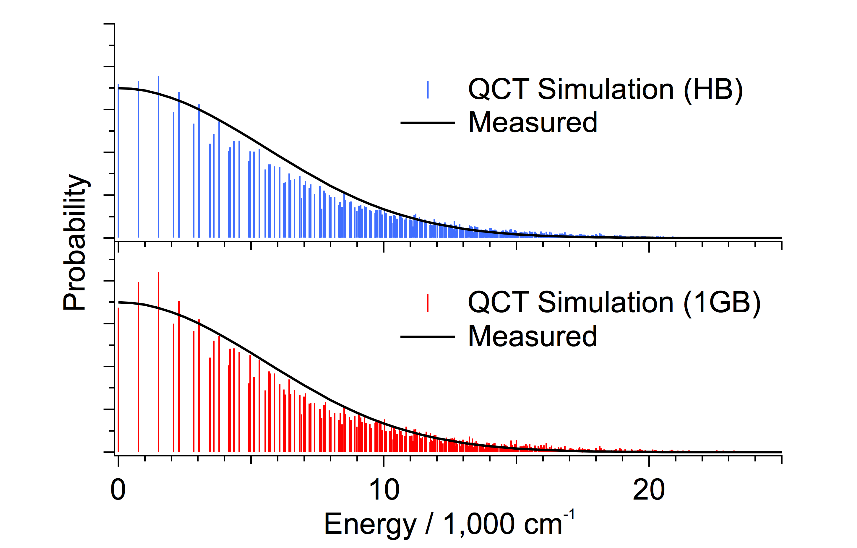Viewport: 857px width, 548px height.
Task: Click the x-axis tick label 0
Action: (x=118, y=490)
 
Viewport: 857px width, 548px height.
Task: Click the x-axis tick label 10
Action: (x=384, y=490)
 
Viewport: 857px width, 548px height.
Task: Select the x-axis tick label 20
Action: (x=649, y=490)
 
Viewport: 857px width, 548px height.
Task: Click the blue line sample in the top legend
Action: (x=428, y=90)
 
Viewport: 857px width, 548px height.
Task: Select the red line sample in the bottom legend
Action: (x=428, y=303)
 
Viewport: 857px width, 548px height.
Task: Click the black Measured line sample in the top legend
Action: (x=428, y=123)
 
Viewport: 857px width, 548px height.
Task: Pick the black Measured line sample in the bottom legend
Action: (x=428, y=337)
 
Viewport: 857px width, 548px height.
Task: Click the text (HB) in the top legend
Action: (x=713, y=90)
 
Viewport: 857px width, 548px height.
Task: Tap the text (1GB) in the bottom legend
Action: (x=722, y=303)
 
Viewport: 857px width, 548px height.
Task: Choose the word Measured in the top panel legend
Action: (x=533, y=123)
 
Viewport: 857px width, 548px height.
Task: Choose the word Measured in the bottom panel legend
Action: (x=533, y=337)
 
